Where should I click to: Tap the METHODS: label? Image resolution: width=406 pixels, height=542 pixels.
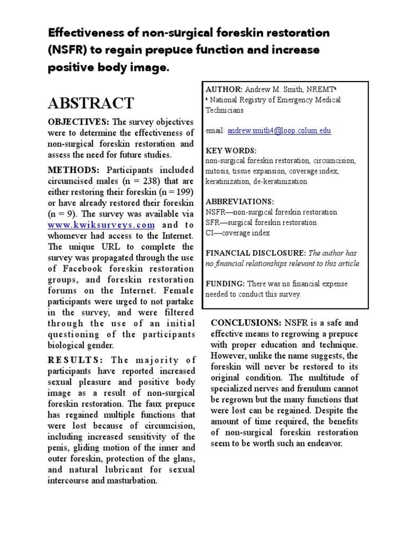coord(73,170)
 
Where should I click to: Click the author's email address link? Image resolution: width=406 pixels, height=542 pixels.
coord(279,130)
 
